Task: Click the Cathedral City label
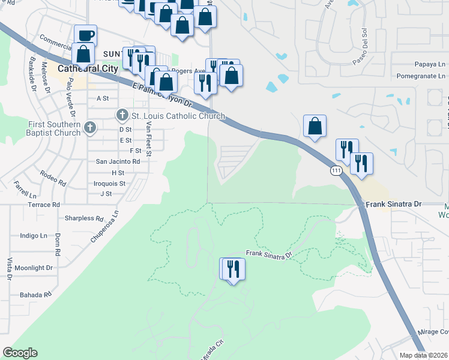point(88,69)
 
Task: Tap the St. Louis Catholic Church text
point(178,116)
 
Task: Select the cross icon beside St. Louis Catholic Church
point(122,115)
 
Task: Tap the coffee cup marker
point(85,34)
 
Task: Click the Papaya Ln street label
point(430,64)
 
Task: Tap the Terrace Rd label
point(44,205)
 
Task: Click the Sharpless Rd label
point(84,218)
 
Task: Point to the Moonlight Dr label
point(34,268)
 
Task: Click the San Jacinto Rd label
point(118,161)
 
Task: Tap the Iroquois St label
point(110,183)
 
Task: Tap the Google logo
point(20,353)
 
